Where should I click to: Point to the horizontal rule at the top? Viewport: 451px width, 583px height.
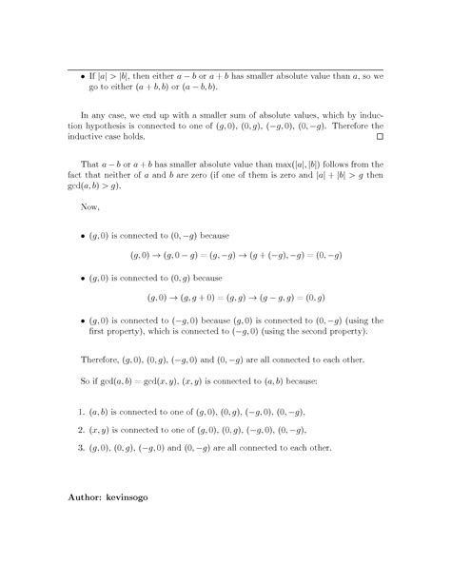tap(225, 69)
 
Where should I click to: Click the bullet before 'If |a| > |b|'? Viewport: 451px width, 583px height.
tap(82, 77)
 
